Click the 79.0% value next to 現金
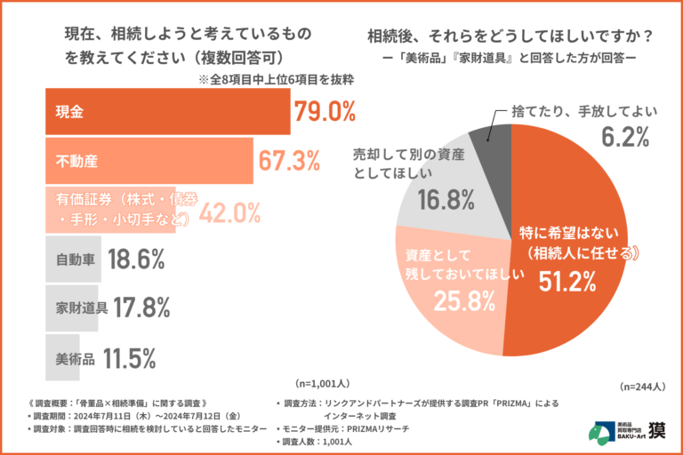coord(324,112)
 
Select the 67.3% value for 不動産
coord(289,162)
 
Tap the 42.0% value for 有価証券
coord(229,212)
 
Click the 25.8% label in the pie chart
coord(463,301)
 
